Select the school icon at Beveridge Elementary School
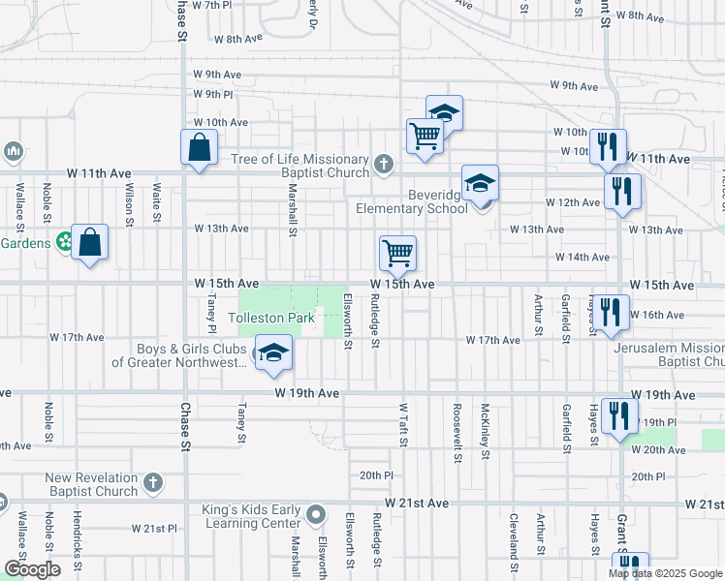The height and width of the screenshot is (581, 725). pyautogui.click(x=480, y=183)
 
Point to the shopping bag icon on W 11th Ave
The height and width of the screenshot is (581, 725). pyautogui.click(x=199, y=148)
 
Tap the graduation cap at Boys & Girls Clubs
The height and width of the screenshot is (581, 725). pyautogui.click(x=273, y=353)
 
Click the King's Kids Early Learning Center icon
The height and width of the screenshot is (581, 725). pyautogui.click(x=316, y=513)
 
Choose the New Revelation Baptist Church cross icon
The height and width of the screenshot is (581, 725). pyautogui.click(x=152, y=482)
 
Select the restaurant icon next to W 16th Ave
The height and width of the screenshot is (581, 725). pyautogui.click(x=609, y=314)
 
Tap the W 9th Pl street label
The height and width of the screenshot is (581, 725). pyautogui.click(x=213, y=94)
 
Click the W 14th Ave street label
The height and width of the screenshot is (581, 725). pyautogui.click(x=582, y=258)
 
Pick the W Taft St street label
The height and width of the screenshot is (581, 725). pyautogui.click(x=402, y=425)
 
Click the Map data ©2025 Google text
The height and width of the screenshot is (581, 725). pyautogui.click(x=664, y=573)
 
